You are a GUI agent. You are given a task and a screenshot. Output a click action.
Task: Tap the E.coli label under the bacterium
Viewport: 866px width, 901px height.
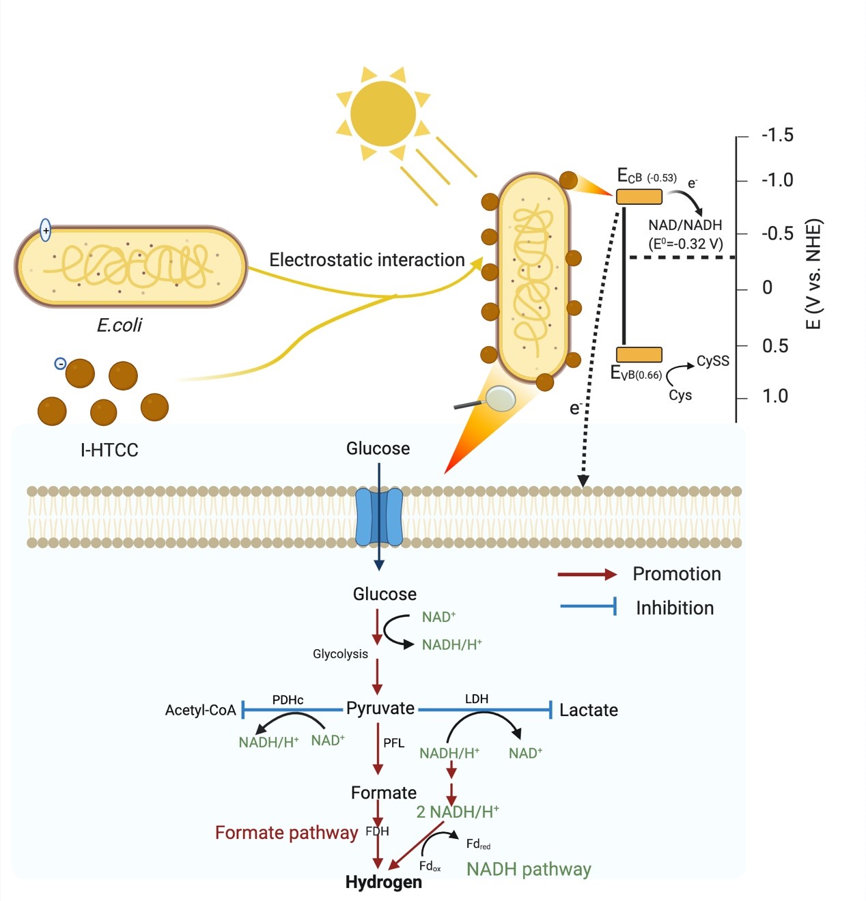(120, 325)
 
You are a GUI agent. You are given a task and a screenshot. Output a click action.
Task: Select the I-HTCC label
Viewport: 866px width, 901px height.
(109, 450)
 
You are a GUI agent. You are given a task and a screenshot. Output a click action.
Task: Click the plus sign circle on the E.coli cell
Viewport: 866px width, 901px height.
(46, 231)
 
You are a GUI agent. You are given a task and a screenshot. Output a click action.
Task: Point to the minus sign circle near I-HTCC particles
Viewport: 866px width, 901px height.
(60, 364)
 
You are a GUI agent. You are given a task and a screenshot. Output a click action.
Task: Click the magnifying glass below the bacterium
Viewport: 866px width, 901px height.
(500, 399)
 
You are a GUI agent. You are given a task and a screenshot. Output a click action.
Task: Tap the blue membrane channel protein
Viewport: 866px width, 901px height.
(380, 516)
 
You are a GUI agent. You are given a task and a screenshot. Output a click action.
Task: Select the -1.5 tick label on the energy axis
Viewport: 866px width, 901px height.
(777, 135)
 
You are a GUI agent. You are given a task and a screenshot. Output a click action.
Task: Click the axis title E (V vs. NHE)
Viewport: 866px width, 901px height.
(813, 274)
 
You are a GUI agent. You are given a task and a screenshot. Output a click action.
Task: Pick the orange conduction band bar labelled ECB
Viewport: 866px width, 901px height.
(639, 197)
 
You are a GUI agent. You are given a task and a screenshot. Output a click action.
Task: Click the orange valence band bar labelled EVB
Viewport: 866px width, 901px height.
(639, 354)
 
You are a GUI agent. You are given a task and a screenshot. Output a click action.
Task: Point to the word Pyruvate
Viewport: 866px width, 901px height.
(380, 709)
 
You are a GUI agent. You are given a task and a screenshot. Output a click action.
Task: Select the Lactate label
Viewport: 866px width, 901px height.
(588, 710)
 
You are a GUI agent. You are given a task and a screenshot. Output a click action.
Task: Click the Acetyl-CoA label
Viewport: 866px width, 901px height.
(200, 710)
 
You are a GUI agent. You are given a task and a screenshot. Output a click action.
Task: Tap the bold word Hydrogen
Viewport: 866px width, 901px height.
(383, 882)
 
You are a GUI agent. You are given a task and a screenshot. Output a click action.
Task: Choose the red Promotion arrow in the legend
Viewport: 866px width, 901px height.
(587, 575)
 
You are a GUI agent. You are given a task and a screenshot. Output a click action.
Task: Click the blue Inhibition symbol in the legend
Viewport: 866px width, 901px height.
(589, 606)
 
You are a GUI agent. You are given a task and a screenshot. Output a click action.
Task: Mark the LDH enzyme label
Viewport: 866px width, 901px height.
(477, 699)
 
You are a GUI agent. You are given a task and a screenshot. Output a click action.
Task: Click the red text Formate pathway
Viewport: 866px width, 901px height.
(286, 833)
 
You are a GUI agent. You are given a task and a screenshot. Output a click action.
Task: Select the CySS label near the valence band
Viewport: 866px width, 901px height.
(712, 361)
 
